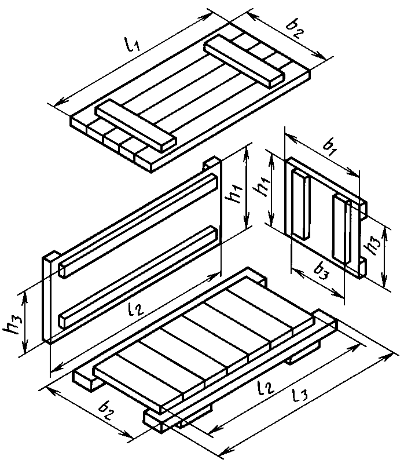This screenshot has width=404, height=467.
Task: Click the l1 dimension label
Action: [131, 44]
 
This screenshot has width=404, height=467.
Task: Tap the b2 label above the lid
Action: [295, 28]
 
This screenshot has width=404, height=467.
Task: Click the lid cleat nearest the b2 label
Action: [243, 61]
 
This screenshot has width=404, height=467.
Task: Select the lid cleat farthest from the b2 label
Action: [135, 126]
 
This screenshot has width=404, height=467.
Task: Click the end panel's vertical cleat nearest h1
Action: [301, 204]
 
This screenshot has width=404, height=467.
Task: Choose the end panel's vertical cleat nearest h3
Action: [342, 229]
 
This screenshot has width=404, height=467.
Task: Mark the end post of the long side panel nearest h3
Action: [47, 298]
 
